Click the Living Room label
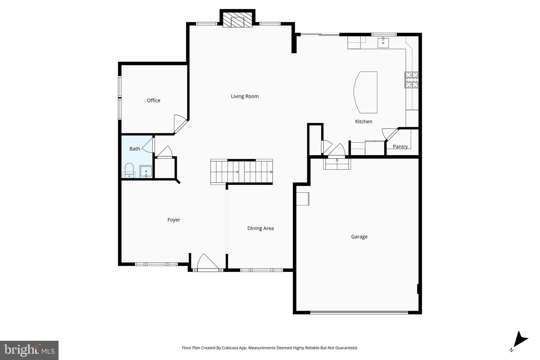tap(245, 97)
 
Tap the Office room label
tap(153, 100)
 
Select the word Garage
tap(359, 237)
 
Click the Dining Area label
tap(261, 228)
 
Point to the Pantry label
tap(400, 147)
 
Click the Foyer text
tap(174, 220)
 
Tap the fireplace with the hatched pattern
tap(237, 20)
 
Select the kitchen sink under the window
tap(383, 43)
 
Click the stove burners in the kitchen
tap(411, 80)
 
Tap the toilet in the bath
tap(129, 169)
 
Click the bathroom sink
tap(146, 171)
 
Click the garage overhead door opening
tap(359, 313)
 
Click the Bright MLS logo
tap(29, 350)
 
